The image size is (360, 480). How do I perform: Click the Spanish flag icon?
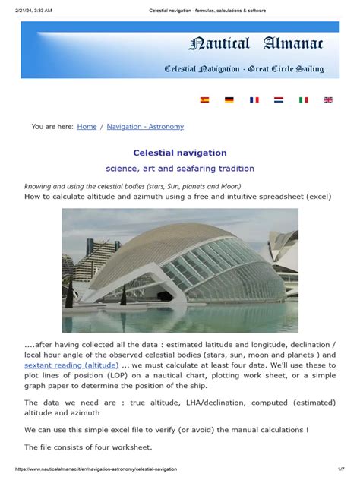204,99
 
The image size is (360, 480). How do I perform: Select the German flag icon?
229,99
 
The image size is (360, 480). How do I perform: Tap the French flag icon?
254,99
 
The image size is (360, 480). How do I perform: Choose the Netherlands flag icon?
279,99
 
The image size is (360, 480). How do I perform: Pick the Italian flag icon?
303,99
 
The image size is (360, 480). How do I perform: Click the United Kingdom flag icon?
328,99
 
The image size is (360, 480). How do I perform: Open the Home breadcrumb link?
87,127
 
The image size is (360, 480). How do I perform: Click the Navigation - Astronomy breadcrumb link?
145,127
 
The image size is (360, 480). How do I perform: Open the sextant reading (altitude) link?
71,365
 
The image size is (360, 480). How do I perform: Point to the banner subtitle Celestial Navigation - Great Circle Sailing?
244,69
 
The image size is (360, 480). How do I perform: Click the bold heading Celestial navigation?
180,153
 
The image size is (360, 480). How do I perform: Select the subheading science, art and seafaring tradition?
180,169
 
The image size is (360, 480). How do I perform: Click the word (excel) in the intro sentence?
317,196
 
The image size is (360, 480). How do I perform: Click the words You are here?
52,127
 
